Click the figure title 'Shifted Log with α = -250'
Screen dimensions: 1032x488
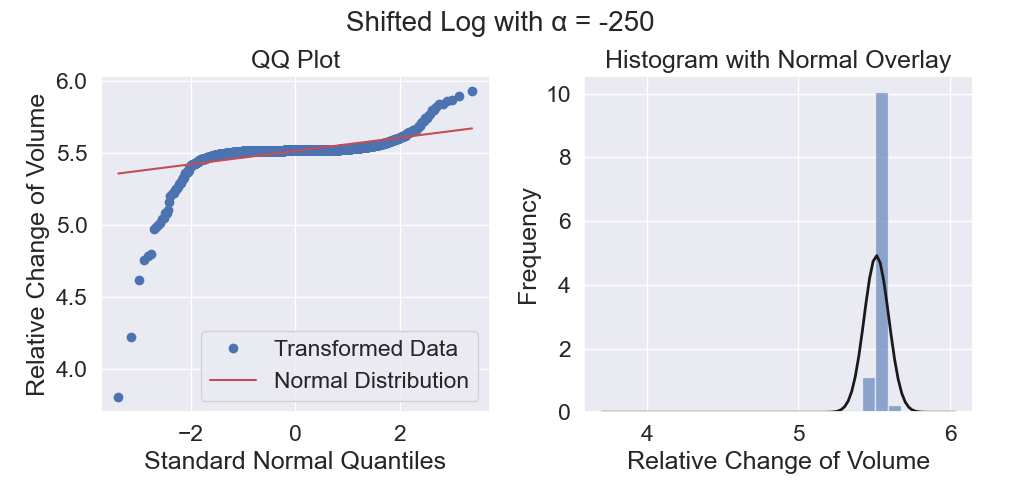500,22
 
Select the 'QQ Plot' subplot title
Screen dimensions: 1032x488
296,61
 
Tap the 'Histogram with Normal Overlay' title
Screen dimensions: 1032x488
778,61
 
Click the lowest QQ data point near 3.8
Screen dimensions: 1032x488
118,397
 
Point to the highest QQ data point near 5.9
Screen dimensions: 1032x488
472,92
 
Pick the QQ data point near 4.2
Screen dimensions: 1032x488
132,337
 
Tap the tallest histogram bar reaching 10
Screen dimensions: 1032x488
882,252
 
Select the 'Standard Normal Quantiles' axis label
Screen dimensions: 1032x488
295,461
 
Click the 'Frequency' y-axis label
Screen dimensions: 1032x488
529,247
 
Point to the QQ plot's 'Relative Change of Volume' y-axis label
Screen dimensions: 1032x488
37,244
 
